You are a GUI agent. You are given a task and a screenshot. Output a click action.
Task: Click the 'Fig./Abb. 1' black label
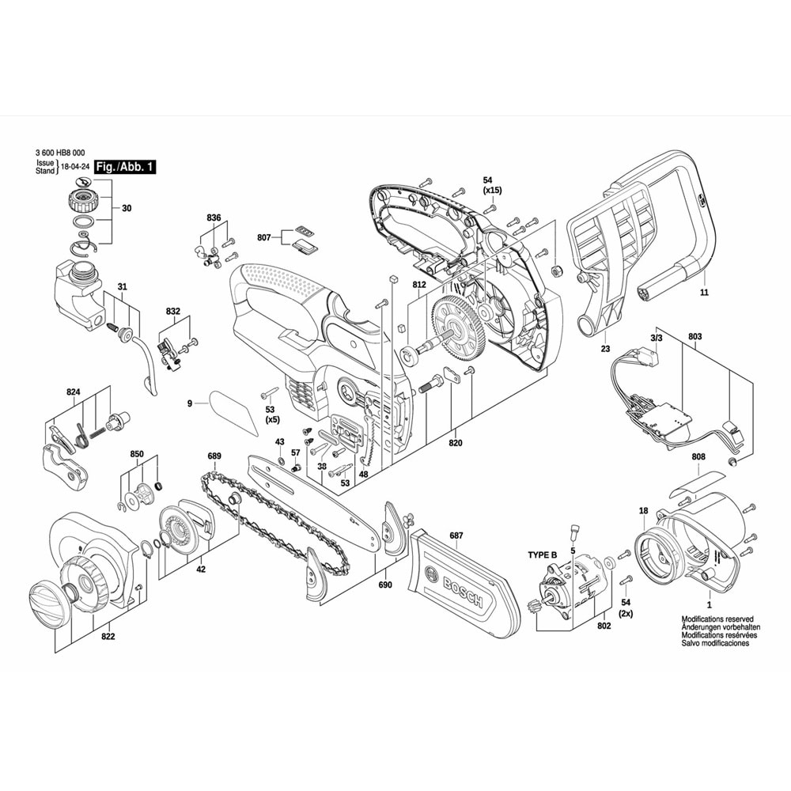click(x=125, y=167)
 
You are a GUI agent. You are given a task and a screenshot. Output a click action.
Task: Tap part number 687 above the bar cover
click(x=456, y=536)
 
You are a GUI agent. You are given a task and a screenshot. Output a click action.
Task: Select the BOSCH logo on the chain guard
click(x=454, y=587)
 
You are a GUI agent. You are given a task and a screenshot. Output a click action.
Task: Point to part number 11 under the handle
click(x=704, y=293)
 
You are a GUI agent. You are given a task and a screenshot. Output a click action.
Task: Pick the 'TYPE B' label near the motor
click(x=543, y=555)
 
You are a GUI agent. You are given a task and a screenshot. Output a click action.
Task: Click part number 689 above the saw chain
click(x=214, y=456)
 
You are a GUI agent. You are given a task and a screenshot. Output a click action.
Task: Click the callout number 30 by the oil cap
click(x=127, y=209)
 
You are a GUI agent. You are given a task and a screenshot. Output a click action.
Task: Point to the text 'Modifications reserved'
click(x=717, y=620)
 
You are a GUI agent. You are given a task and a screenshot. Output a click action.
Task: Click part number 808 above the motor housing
click(x=698, y=457)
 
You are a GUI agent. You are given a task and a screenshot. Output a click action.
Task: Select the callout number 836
click(x=214, y=217)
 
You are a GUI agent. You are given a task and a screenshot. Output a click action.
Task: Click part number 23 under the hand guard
click(x=605, y=347)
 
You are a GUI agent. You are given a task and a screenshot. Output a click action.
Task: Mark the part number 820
click(x=455, y=443)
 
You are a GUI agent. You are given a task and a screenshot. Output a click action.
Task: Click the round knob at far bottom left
click(x=50, y=604)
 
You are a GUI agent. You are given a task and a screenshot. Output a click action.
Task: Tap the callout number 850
click(x=137, y=454)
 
